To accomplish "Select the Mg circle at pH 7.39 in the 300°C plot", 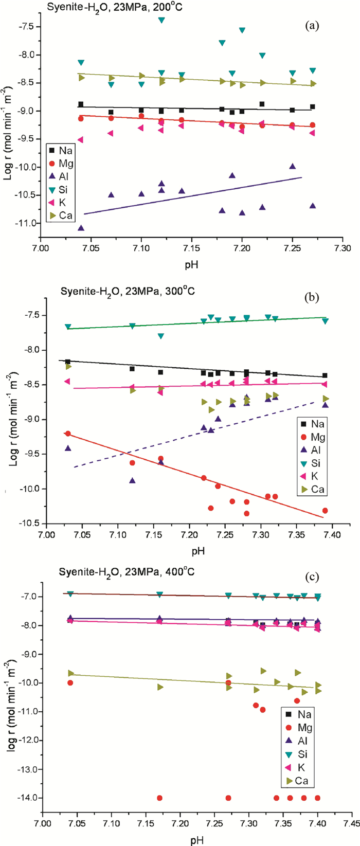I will (325, 510).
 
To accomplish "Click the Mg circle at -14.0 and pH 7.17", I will (159, 798).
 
